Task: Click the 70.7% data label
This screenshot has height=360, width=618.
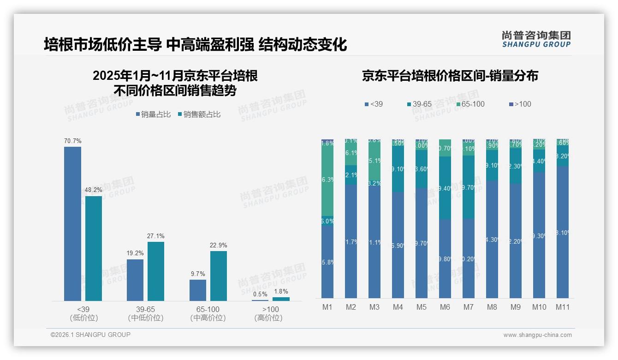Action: click(x=72, y=141)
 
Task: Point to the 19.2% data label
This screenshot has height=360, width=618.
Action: click(x=135, y=253)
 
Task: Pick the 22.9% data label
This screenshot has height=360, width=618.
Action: click(x=219, y=245)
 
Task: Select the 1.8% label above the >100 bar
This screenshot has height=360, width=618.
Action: click(x=281, y=292)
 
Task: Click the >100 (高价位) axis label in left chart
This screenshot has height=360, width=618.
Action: click(x=270, y=313)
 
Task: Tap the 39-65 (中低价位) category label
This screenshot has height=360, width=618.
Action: click(x=145, y=313)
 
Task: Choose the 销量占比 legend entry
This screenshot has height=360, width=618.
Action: click(x=153, y=114)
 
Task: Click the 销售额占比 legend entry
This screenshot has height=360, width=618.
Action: click(x=199, y=114)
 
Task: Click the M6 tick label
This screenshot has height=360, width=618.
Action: click(x=445, y=307)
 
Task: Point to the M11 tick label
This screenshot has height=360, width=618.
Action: click(x=562, y=307)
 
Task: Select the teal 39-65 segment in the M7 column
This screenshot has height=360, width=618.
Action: click(x=468, y=187)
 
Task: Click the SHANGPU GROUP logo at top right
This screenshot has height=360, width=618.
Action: click(x=536, y=39)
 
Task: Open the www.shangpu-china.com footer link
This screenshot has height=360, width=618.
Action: click(x=537, y=335)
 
